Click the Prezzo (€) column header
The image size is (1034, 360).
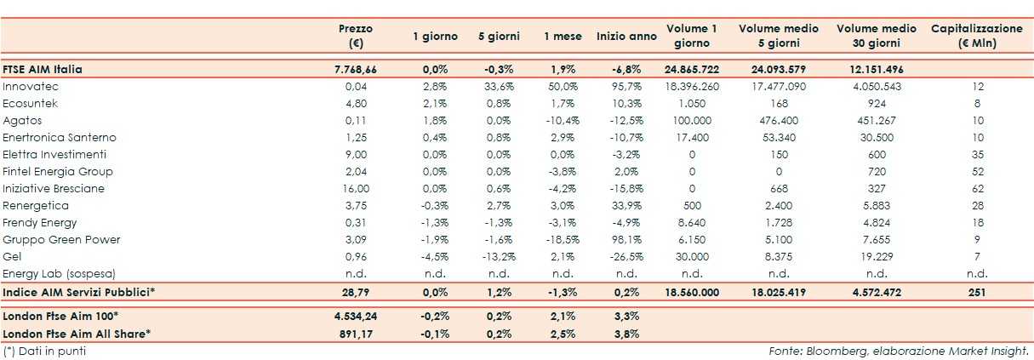(x=356, y=36)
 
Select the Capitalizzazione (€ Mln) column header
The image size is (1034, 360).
(x=976, y=36)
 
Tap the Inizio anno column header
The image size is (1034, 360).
(x=626, y=37)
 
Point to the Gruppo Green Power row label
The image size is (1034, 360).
(x=61, y=240)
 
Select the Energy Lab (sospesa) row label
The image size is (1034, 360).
(x=59, y=274)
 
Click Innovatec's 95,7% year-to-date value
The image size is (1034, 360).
(x=626, y=87)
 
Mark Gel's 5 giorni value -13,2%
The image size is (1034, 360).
(x=499, y=257)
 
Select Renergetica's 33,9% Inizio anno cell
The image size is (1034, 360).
(x=626, y=206)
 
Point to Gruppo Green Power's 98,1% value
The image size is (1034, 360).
(x=626, y=240)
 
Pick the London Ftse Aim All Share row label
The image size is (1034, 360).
(x=77, y=334)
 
